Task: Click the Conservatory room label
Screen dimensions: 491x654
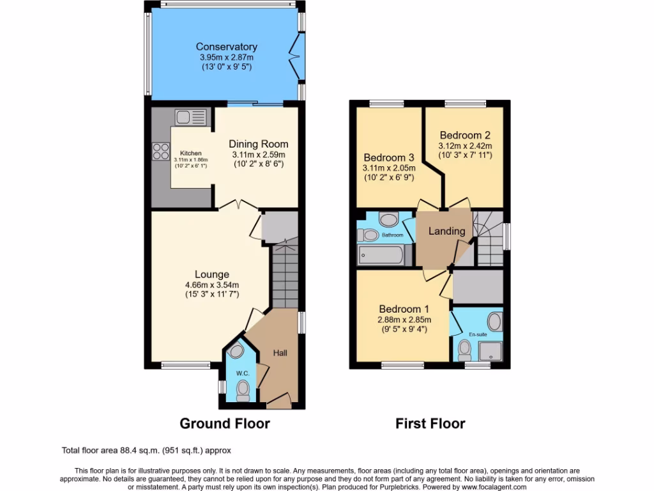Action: [x=226, y=47]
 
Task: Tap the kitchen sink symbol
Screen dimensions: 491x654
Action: [x=191, y=117]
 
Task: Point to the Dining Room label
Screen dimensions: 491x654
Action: [x=259, y=144]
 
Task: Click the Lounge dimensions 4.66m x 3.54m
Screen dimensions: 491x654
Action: [x=211, y=285]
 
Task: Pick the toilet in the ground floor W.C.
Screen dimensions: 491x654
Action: [x=243, y=389]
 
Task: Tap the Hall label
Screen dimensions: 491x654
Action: [x=280, y=353]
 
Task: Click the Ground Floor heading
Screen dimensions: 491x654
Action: [x=224, y=423]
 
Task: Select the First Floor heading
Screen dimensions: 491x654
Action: [x=430, y=423]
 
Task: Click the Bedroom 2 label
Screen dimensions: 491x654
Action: [x=465, y=135]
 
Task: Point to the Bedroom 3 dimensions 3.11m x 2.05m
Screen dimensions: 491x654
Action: [x=389, y=168]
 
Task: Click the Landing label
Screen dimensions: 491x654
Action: [x=446, y=231]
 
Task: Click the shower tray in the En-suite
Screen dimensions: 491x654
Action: [x=490, y=350]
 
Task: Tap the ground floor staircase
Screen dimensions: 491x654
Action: [x=284, y=275]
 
